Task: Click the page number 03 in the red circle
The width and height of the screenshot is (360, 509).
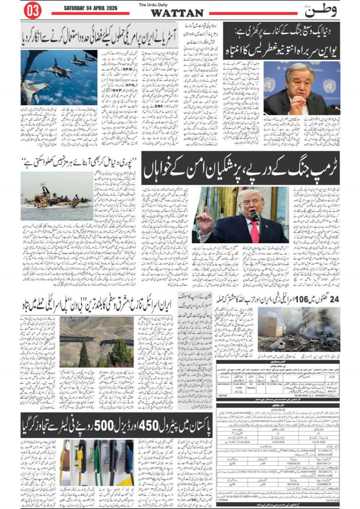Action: point(32,11)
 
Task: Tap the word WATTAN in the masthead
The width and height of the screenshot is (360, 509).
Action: point(177,13)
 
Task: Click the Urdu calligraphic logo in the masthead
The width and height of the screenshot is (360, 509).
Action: point(320,10)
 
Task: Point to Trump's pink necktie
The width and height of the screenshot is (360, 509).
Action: point(254,232)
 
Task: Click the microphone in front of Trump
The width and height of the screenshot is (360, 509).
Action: point(254,216)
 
